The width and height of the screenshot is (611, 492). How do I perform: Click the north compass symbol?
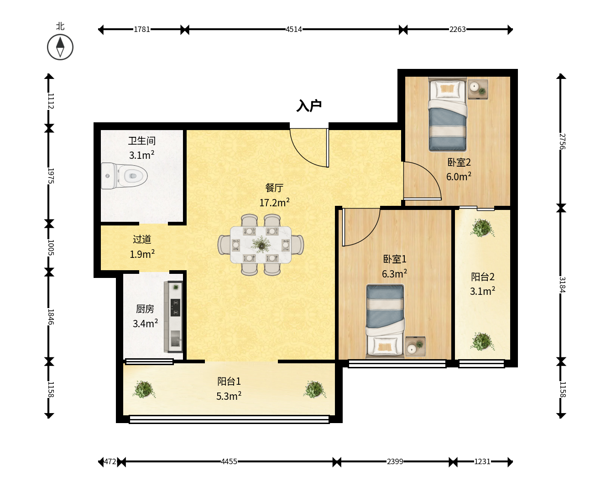pyautogui.click(x=60, y=47)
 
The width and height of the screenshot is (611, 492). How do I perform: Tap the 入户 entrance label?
pyautogui.click(x=309, y=106)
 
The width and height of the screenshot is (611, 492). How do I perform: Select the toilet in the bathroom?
pyautogui.click(x=125, y=176)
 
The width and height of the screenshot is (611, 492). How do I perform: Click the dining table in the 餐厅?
pyautogui.click(x=261, y=245)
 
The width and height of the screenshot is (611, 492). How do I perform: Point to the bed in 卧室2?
pyautogui.click(x=448, y=114)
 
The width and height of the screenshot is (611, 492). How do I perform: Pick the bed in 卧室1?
pyautogui.click(x=385, y=321)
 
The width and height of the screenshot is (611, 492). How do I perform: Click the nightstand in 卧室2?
pyautogui.click(x=478, y=89)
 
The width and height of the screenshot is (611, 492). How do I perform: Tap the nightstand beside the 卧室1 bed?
pyautogui.click(x=415, y=346)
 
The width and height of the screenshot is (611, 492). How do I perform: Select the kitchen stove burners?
pyautogui.click(x=175, y=307)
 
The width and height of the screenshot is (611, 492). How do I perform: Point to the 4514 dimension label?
pyautogui.click(x=294, y=29)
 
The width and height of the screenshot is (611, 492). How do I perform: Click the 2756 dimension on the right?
pyautogui.click(x=562, y=141)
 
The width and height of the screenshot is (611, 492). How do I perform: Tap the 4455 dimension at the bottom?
pyautogui.click(x=229, y=461)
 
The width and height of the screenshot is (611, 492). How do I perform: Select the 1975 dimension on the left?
pyautogui.click(x=51, y=176)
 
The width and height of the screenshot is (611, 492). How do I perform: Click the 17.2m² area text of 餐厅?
pyautogui.click(x=275, y=202)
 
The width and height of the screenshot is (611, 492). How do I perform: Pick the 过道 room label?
pyautogui.click(x=142, y=239)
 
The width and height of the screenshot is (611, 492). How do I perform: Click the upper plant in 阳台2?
pyautogui.click(x=482, y=228)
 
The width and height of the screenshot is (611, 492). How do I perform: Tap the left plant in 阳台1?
pyautogui.click(x=144, y=389)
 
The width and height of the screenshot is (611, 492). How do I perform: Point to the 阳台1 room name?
pyautogui.click(x=229, y=381)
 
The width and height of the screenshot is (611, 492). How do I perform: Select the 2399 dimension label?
pyautogui.click(x=395, y=461)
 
